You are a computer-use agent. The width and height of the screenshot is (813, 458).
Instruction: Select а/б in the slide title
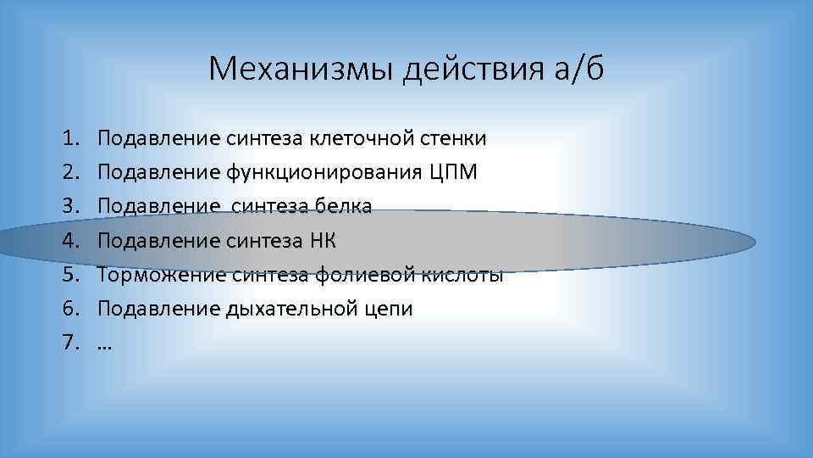pyautogui.click(x=576, y=68)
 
